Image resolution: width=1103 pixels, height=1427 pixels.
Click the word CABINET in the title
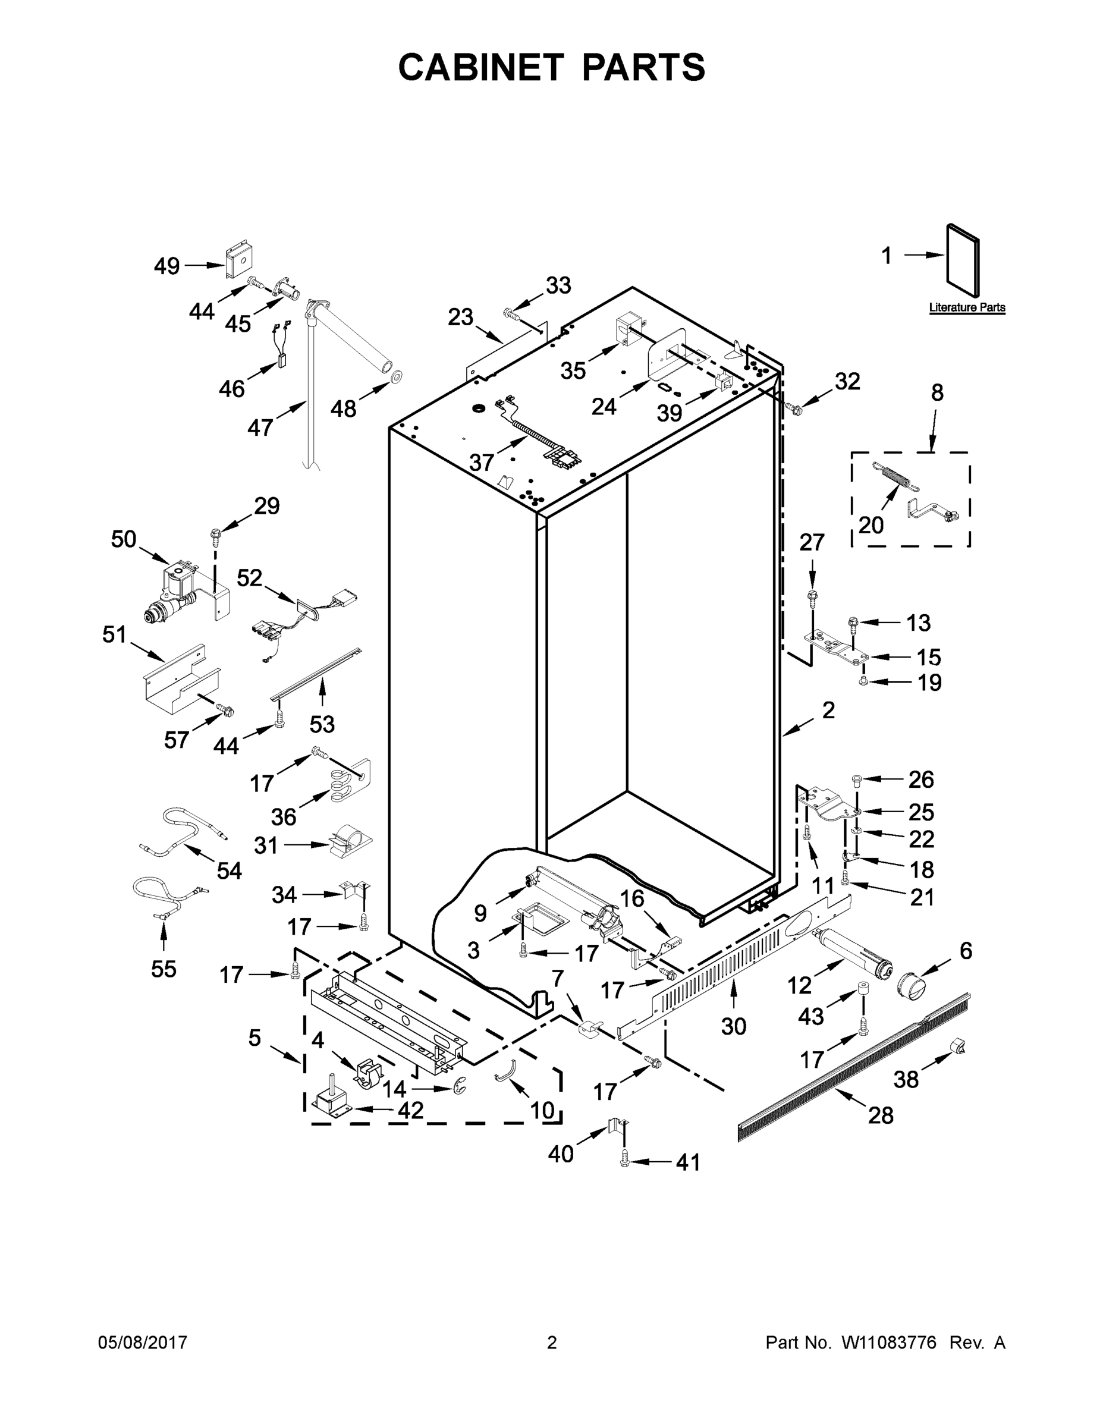tap(481, 67)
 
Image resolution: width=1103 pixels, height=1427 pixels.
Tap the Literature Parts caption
tap(967, 308)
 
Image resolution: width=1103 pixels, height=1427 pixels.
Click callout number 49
tap(166, 266)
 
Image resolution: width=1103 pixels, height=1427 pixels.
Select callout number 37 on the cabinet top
tap(482, 462)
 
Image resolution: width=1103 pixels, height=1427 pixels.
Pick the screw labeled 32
tap(794, 409)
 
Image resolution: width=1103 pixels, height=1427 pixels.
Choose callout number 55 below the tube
tap(164, 969)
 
